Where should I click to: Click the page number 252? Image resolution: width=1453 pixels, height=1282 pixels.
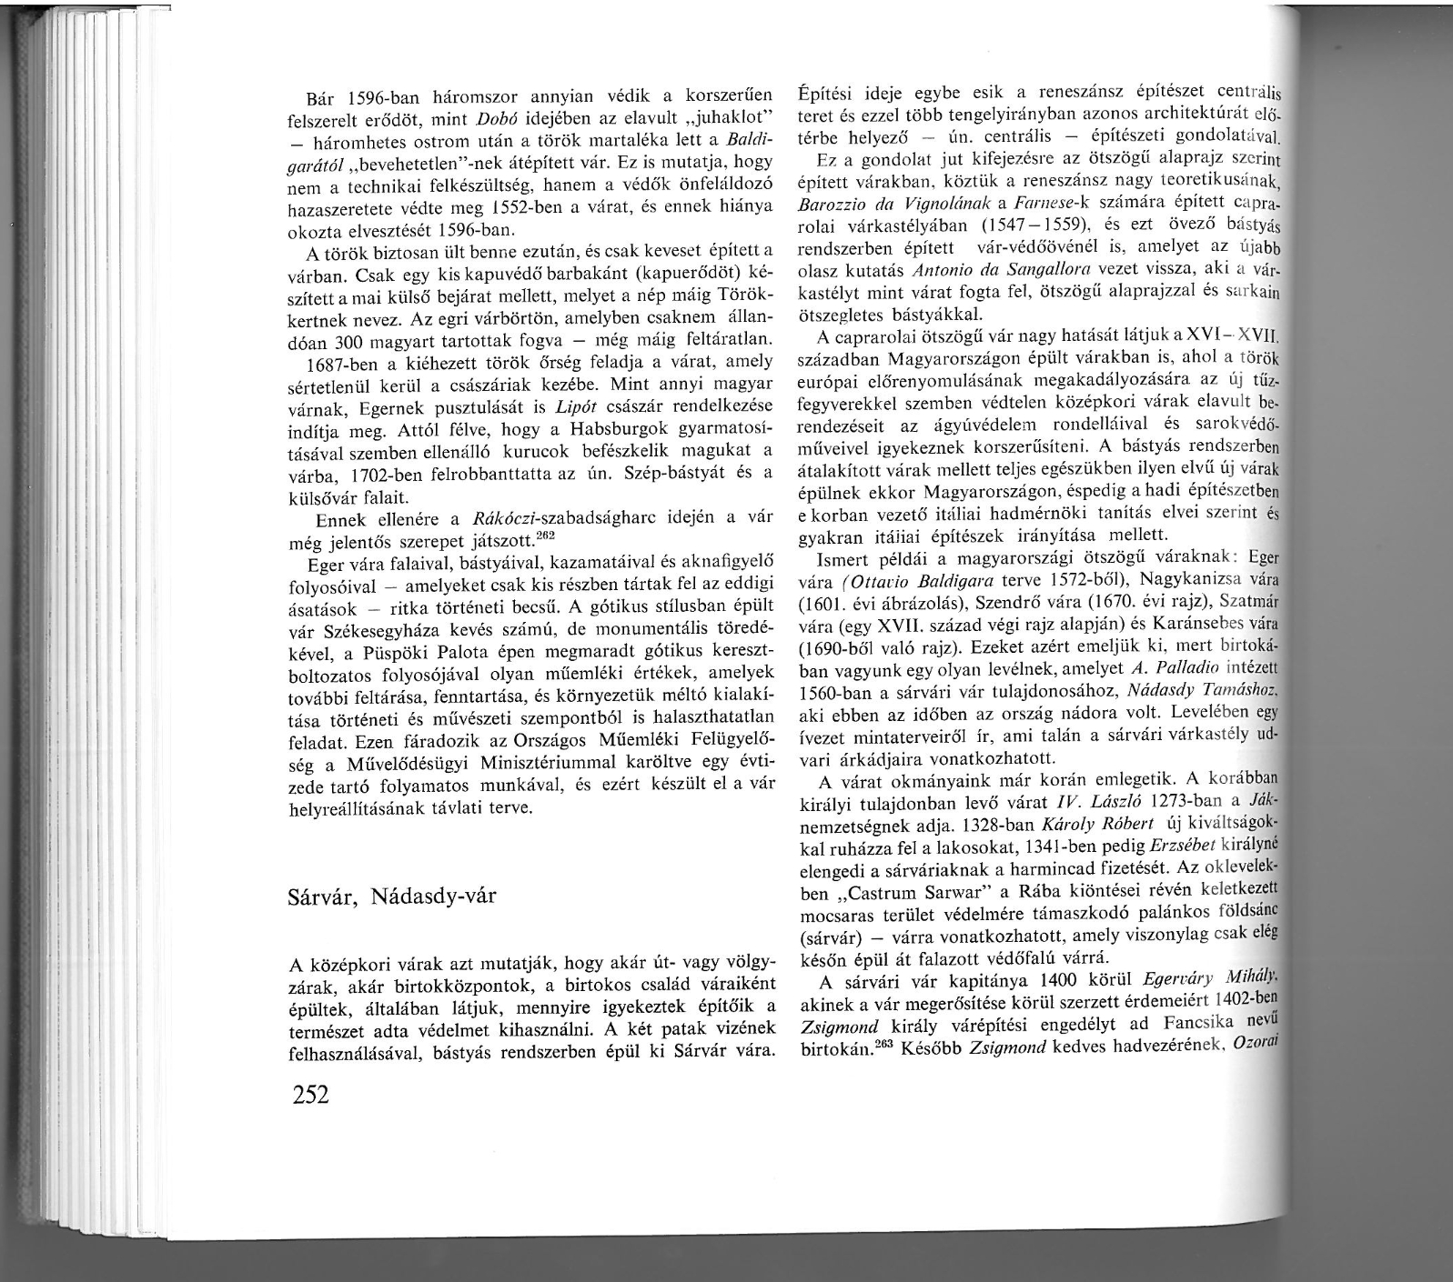coord(308,1094)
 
